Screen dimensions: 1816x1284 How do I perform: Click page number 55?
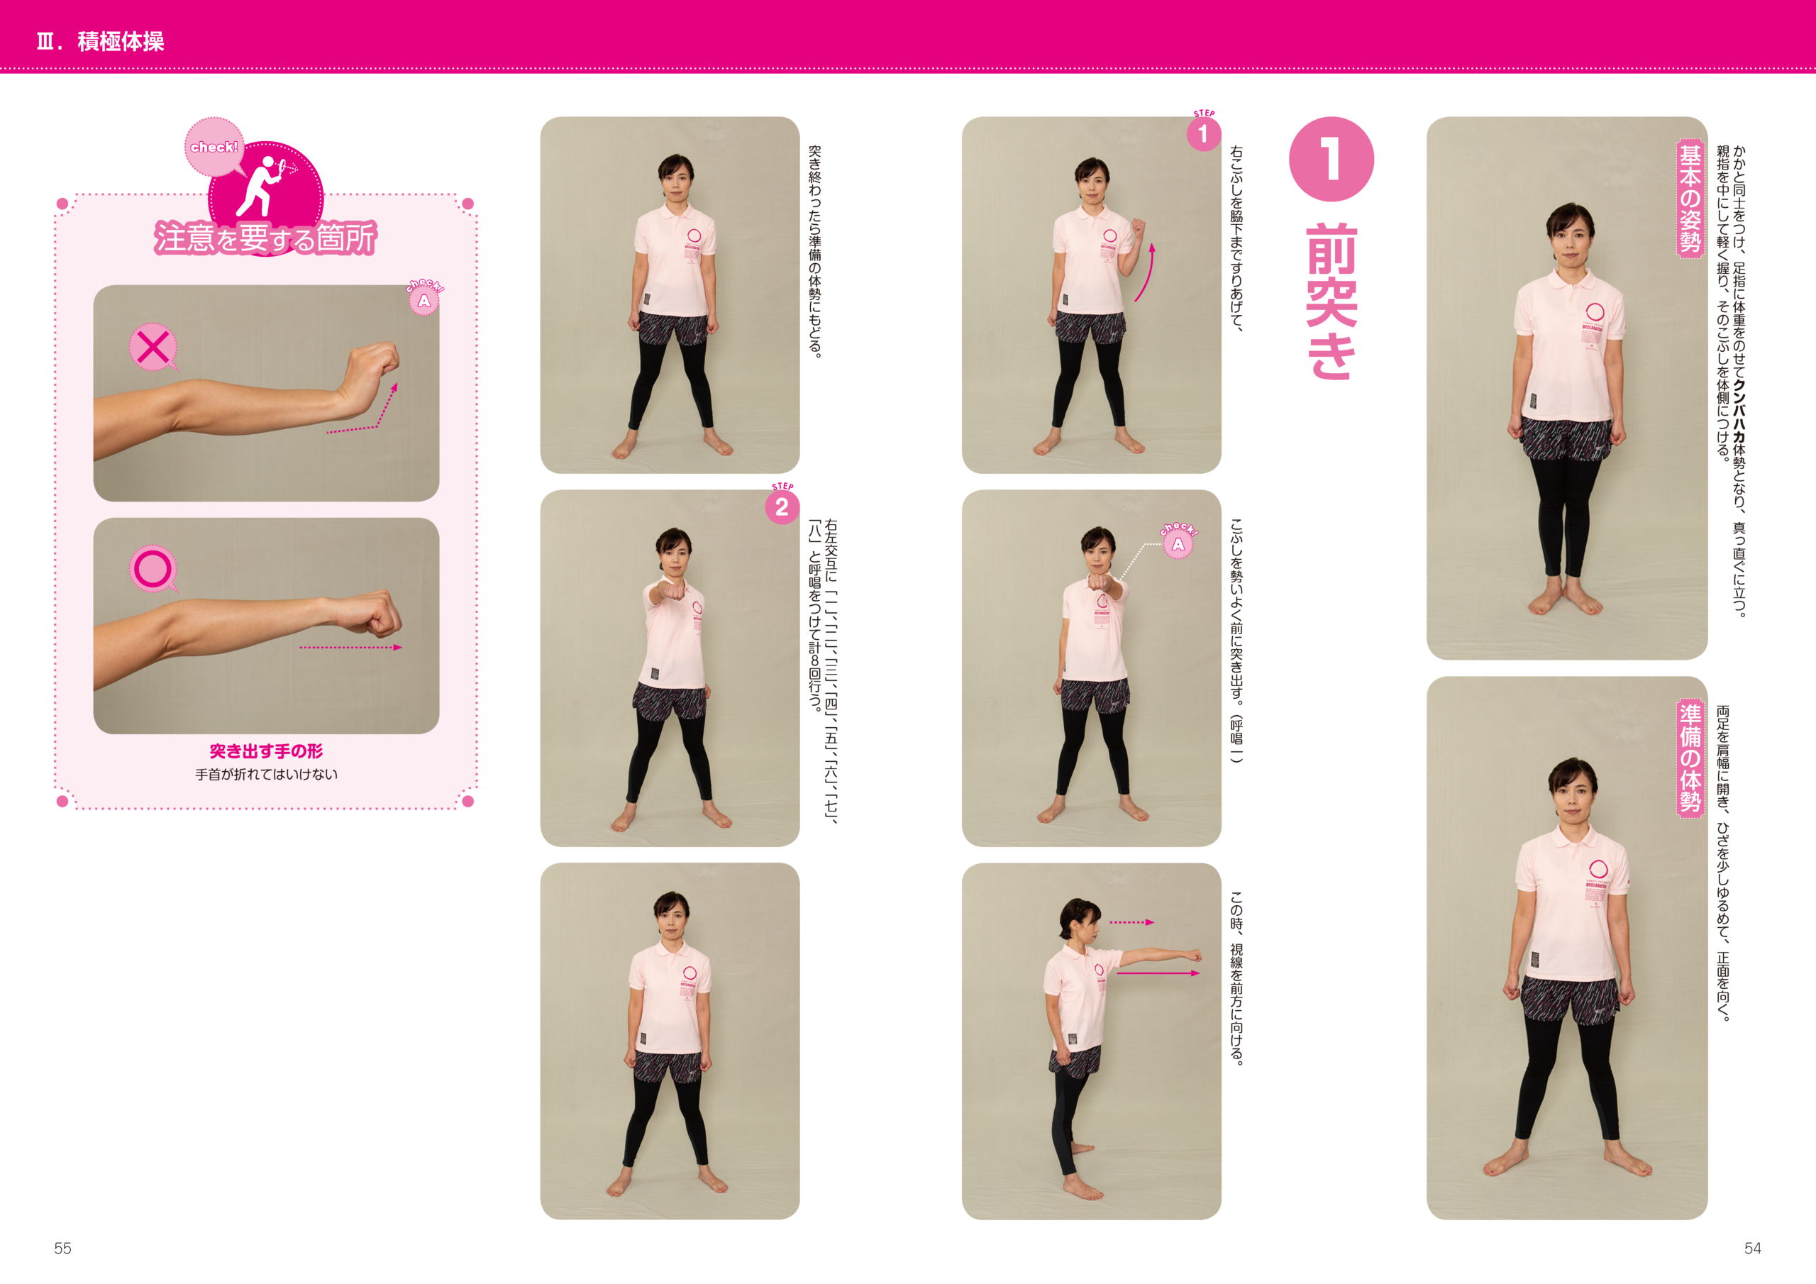point(62,1248)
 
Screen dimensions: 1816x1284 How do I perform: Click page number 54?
point(1752,1248)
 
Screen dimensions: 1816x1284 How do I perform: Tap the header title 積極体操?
point(121,41)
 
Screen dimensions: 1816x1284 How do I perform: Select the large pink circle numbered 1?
point(1331,159)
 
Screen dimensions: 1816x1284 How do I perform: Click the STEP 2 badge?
point(782,505)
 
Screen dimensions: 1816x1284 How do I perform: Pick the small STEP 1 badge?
point(1203,131)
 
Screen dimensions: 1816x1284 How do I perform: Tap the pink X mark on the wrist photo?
point(153,346)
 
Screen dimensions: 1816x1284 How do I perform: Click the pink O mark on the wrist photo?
point(153,568)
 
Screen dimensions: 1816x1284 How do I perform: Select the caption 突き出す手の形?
point(267,751)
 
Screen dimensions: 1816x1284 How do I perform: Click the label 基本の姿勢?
point(1690,198)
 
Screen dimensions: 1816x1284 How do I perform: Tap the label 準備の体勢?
point(1690,758)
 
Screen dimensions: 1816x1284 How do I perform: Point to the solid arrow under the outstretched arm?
point(1158,973)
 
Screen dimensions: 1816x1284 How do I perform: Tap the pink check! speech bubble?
point(214,147)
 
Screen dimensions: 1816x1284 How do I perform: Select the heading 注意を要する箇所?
point(266,238)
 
